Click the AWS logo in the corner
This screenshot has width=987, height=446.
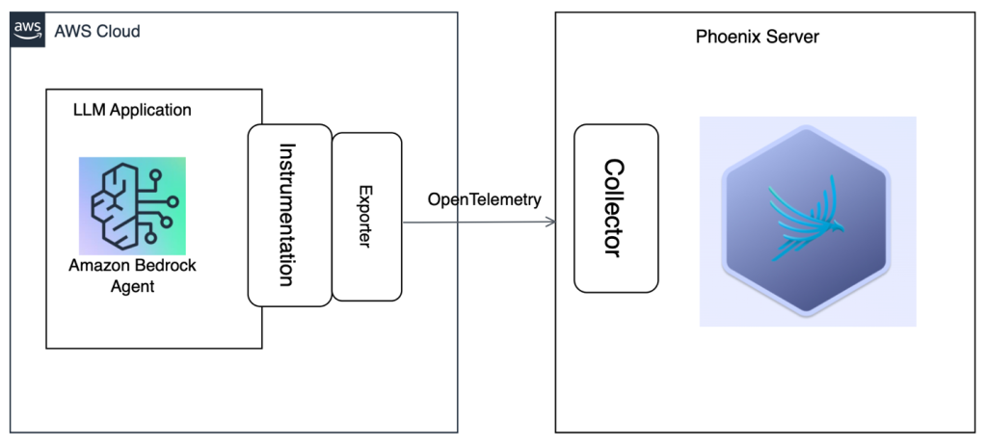pos(28,30)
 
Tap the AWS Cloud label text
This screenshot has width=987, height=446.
pos(97,31)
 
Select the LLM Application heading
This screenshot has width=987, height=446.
pos(132,110)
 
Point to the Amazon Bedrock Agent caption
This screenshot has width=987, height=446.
pos(132,275)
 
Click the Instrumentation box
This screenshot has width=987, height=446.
pos(289,215)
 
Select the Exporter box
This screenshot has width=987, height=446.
pos(366,217)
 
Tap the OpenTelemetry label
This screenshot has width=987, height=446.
pos(484,200)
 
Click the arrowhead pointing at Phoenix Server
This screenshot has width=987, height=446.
pos(551,223)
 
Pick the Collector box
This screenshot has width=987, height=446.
pos(616,208)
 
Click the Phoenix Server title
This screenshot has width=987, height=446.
pos(758,38)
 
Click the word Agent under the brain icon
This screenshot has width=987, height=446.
pos(132,286)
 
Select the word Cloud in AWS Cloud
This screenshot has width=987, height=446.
pos(119,31)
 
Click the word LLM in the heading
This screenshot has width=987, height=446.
pos(90,110)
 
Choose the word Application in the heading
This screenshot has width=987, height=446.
pos(150,111)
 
